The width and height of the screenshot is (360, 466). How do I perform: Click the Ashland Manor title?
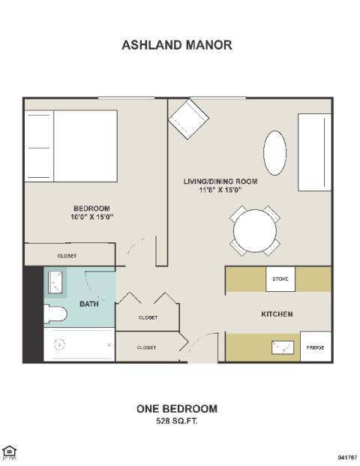pos(177,45)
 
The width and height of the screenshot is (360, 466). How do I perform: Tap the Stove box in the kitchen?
pos(280,279)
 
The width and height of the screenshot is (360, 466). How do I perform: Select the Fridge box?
pos(316,347)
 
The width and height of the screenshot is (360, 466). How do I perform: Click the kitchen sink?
pos(283,347)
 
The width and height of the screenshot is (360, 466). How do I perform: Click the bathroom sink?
pos(55,282)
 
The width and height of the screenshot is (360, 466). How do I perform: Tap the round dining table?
pos(255,231)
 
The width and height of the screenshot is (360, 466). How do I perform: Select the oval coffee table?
pos(274,153)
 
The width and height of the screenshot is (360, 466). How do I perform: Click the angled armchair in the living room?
pos(188,119)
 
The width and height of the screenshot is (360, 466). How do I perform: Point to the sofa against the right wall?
pos(314,152)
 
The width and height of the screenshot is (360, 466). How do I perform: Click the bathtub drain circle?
pos(59,344)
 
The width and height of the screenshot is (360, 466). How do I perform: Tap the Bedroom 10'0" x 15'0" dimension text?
pos(91,218)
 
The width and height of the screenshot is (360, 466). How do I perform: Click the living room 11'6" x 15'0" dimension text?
pos(220,190)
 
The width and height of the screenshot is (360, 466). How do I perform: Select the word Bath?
pos(89,304)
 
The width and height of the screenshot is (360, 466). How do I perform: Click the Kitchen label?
pos(277,314)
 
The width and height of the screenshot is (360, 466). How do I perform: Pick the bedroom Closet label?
pos(67,256)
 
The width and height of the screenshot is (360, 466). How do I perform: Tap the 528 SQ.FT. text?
pos(177,421)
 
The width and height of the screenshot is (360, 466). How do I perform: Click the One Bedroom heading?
pos(177,409)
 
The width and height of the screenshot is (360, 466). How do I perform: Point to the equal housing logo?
pos(9,452)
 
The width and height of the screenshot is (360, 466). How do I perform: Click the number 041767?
pos(347,457)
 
